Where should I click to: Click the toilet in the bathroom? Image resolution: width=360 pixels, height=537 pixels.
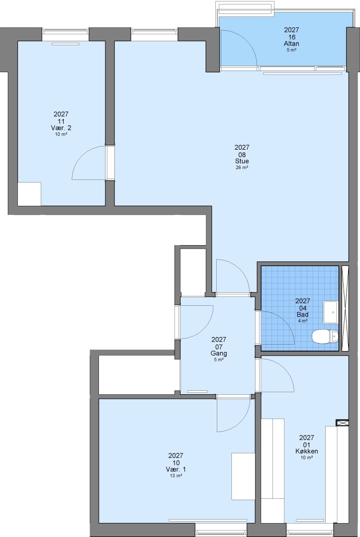325,336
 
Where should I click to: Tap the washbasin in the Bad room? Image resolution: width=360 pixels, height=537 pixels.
331,312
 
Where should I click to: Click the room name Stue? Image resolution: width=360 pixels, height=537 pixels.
242,161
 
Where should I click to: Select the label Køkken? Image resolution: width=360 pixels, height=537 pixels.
307,451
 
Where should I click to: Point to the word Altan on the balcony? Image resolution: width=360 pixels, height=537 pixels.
291,43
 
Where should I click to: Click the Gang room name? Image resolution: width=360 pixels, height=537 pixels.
218,353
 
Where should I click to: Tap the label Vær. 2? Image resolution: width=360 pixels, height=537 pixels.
61,128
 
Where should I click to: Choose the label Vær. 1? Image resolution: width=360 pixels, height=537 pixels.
176,469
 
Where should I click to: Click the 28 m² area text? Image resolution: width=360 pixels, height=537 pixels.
242,168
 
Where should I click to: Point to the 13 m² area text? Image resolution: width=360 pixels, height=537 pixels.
176,476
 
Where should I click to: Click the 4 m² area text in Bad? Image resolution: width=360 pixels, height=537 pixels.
302,321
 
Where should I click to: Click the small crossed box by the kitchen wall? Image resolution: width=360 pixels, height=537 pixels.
342,423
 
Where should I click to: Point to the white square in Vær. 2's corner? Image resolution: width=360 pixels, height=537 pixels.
29,194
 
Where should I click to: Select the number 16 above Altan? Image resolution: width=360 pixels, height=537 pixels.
291,37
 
